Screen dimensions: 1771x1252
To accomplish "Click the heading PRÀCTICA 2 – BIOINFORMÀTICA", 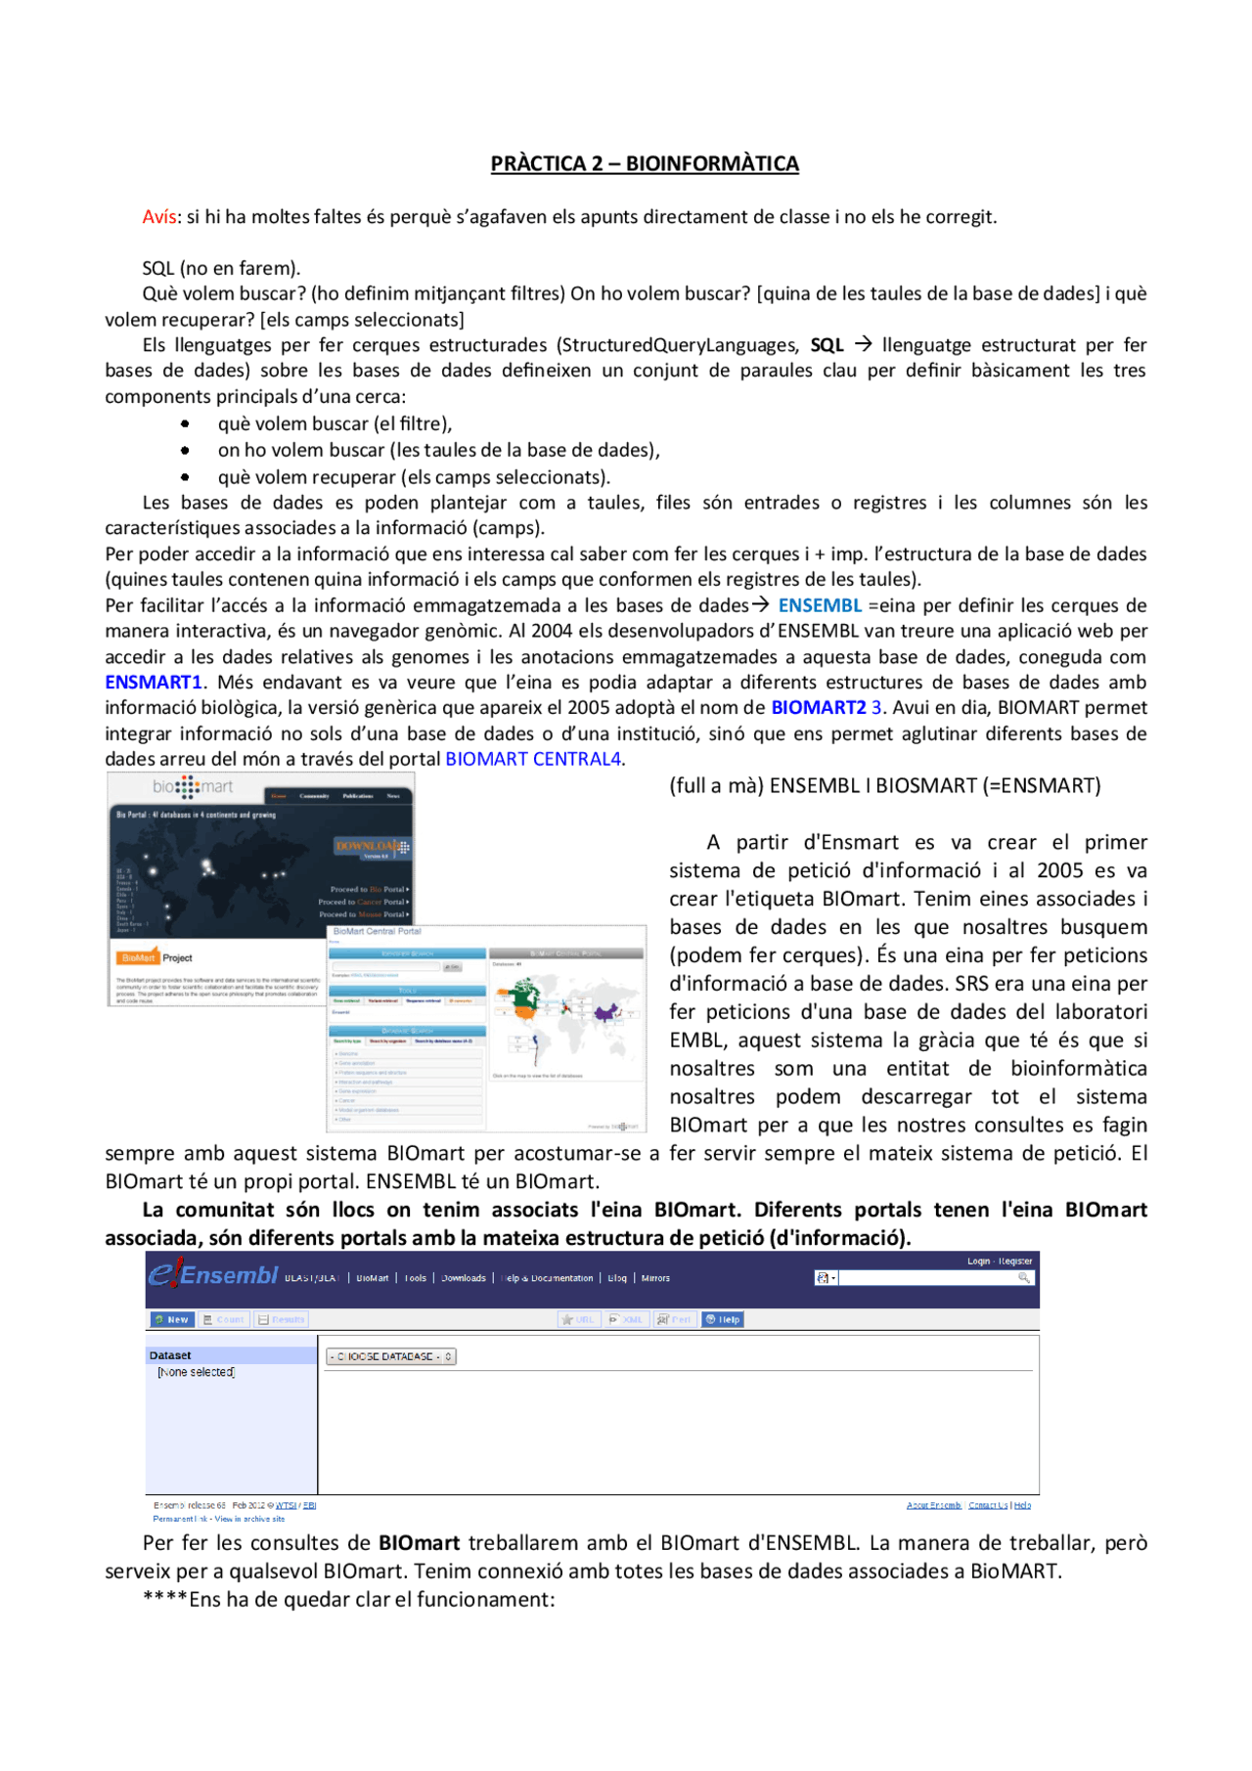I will [645, 163].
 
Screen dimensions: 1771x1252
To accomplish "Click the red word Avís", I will [158, 216].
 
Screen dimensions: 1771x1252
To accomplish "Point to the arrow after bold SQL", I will [863, 344].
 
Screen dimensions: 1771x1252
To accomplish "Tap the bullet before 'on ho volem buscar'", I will [185, 450].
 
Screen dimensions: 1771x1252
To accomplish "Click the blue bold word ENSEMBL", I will [820, 605].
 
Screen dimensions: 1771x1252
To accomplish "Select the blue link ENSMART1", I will [154, 682].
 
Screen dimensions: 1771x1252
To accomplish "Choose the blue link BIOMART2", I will [819, 707].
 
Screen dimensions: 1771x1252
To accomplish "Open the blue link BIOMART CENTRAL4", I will [534, 759].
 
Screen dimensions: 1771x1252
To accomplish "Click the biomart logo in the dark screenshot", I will [193, 786].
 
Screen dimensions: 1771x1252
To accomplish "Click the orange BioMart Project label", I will [139, 957].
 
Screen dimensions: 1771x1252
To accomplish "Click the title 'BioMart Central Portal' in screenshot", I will [378, 931].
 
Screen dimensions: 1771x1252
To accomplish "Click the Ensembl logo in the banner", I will [213, 1275].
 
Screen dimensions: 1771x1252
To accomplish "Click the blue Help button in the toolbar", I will [723, 1319].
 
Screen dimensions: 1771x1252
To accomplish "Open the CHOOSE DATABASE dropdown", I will [390, 1356].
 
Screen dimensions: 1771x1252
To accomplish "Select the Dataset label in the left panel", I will [170, 1355].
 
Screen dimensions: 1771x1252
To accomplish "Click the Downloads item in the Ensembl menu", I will [463, 1278].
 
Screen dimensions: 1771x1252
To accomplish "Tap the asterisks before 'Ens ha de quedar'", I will [164, 1599].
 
